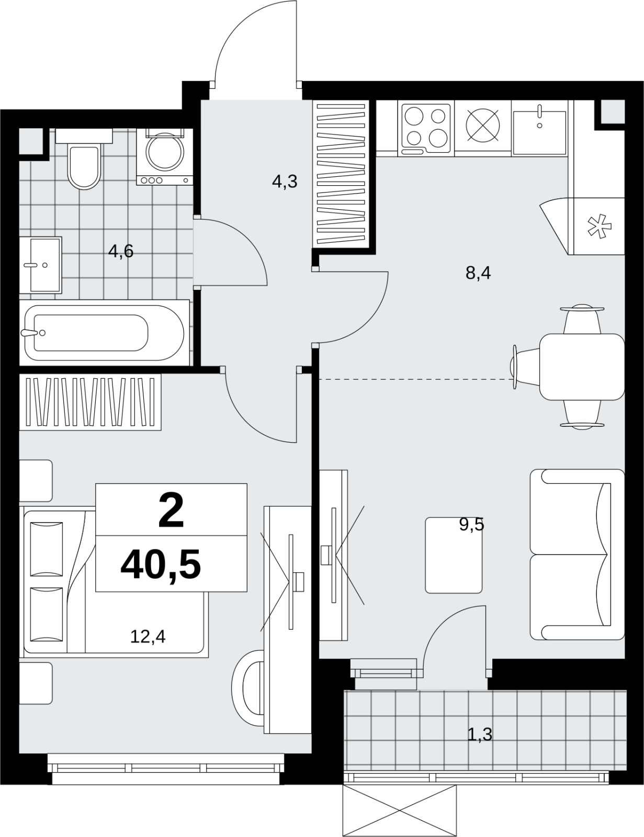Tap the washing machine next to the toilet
coord(165,157)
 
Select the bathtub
coord(105,332)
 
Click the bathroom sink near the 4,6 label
coord(40,265)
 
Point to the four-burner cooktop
coord(426,129)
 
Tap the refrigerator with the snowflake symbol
coord(598,226)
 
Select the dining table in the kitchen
coord(582,367)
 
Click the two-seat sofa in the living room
coord(577,555)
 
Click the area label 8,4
coord(478,274)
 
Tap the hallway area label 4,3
coord(285,182)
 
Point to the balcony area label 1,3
coord(480,735)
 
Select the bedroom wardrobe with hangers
coord(90,402)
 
